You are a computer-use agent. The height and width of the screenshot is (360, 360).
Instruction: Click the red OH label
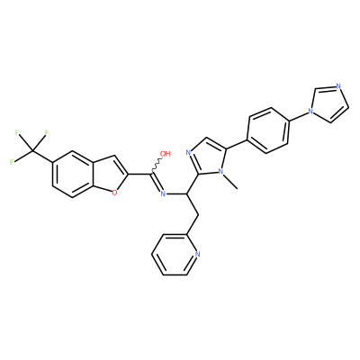166,154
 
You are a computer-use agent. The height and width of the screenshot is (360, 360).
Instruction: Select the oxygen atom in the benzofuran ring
114,193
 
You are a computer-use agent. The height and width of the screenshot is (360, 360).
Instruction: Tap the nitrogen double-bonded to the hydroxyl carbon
163,193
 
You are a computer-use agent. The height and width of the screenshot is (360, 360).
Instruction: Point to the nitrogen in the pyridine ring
197,255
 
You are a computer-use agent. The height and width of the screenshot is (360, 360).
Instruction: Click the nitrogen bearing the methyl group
221,171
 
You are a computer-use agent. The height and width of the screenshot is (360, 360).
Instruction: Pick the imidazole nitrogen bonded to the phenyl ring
310,112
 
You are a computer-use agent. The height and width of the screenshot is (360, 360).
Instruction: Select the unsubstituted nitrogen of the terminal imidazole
338,86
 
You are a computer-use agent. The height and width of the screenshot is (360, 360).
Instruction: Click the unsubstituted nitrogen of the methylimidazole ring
189,153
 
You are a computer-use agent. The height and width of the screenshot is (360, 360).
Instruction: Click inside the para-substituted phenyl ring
268,130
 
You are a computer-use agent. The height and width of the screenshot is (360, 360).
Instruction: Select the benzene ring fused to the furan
72,175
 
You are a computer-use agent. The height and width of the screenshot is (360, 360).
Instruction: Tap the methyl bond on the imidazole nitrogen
230,182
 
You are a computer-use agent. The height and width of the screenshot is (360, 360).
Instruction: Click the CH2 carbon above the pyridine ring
199,215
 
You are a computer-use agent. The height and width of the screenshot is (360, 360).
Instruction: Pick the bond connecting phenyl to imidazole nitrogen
298,117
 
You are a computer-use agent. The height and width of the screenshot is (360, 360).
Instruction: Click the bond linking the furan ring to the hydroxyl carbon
140,174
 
